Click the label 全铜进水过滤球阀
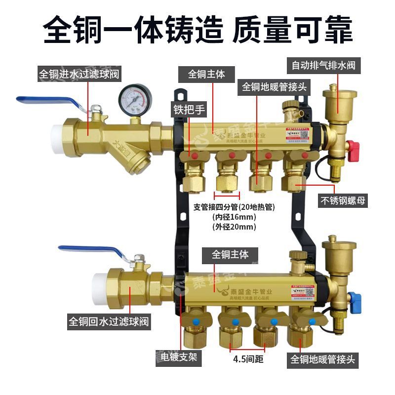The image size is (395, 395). coord(80,74)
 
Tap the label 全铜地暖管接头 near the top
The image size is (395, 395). coord(275,87)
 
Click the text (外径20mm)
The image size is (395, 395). coord(234,227)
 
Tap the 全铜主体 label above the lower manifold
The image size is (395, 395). coord(230,254)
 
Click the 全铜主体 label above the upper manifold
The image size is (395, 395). coord(206,74)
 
